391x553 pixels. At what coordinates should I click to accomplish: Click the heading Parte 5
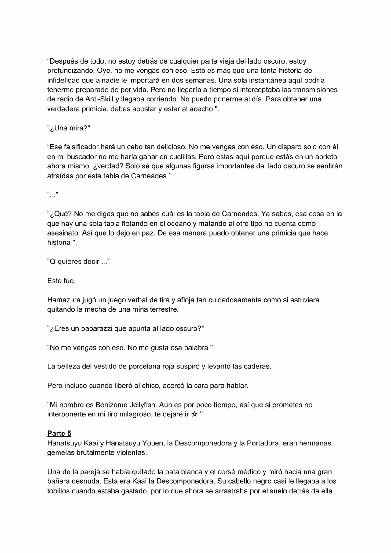59,433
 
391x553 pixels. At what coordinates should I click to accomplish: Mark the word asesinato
64,233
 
